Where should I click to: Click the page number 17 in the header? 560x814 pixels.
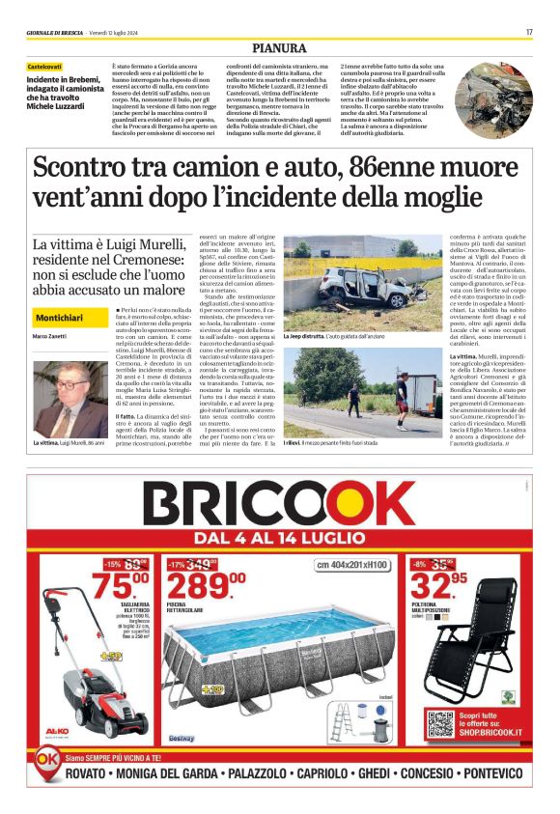point(529,32)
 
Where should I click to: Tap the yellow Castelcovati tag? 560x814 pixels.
point(45,67)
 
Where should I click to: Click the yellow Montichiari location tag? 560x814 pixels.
point(59,318)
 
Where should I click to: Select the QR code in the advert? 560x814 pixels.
point(440,724)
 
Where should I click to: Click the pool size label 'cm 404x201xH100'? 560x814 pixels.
point(351,564)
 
